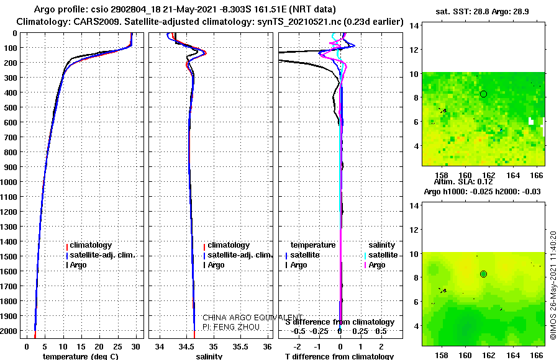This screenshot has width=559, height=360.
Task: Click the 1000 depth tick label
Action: tap(10, 182)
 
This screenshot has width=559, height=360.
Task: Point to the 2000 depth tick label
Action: tap(10, 331)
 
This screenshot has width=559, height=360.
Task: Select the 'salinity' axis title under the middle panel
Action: tap(209, 357)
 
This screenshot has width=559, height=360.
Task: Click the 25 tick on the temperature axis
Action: tap(118, 346)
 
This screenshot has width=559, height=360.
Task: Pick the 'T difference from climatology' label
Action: tap(339, 357)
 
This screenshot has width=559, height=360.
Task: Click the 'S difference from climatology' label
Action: tap(339, 322)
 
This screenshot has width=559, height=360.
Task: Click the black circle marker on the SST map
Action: tap(483, 94)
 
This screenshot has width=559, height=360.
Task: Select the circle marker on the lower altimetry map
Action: tap(483, 274)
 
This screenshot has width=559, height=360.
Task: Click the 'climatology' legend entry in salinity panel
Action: tap(229, 245)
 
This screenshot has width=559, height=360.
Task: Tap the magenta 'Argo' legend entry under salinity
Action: tap(377, 265)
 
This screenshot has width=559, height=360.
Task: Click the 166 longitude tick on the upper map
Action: tap(538, 176)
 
